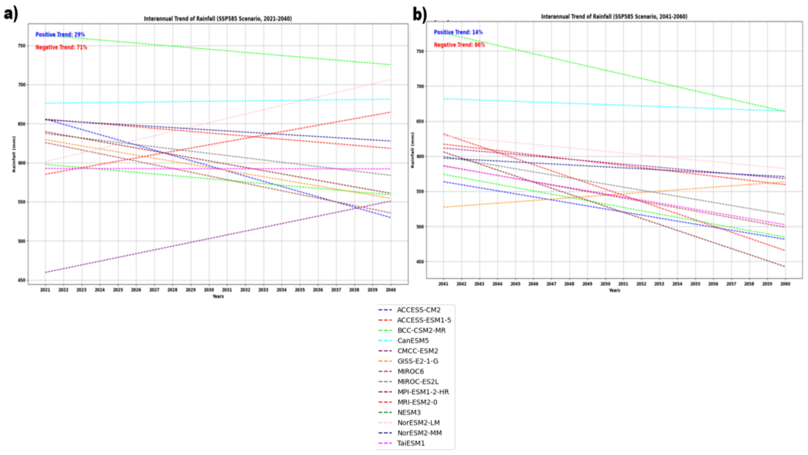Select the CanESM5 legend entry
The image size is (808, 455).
(413, 341)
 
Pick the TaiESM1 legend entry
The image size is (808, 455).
(411, 443)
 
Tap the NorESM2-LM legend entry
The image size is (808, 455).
(418, 423)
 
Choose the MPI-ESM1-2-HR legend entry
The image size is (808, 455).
(423, 392)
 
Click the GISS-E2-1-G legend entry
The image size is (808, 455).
(417, 361)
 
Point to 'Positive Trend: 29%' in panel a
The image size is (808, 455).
(60, 34)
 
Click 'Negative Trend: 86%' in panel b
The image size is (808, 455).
(459, 45)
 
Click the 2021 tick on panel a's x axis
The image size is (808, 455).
(45, 290)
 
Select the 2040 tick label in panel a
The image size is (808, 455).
(391, 290)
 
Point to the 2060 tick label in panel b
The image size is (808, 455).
(785, 284)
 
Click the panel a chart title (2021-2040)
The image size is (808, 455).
(218, 19)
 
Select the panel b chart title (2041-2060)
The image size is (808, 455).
(614, 16)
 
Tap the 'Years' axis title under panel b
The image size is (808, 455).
(614, 290)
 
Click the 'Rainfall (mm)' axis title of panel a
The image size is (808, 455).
(14, 154)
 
